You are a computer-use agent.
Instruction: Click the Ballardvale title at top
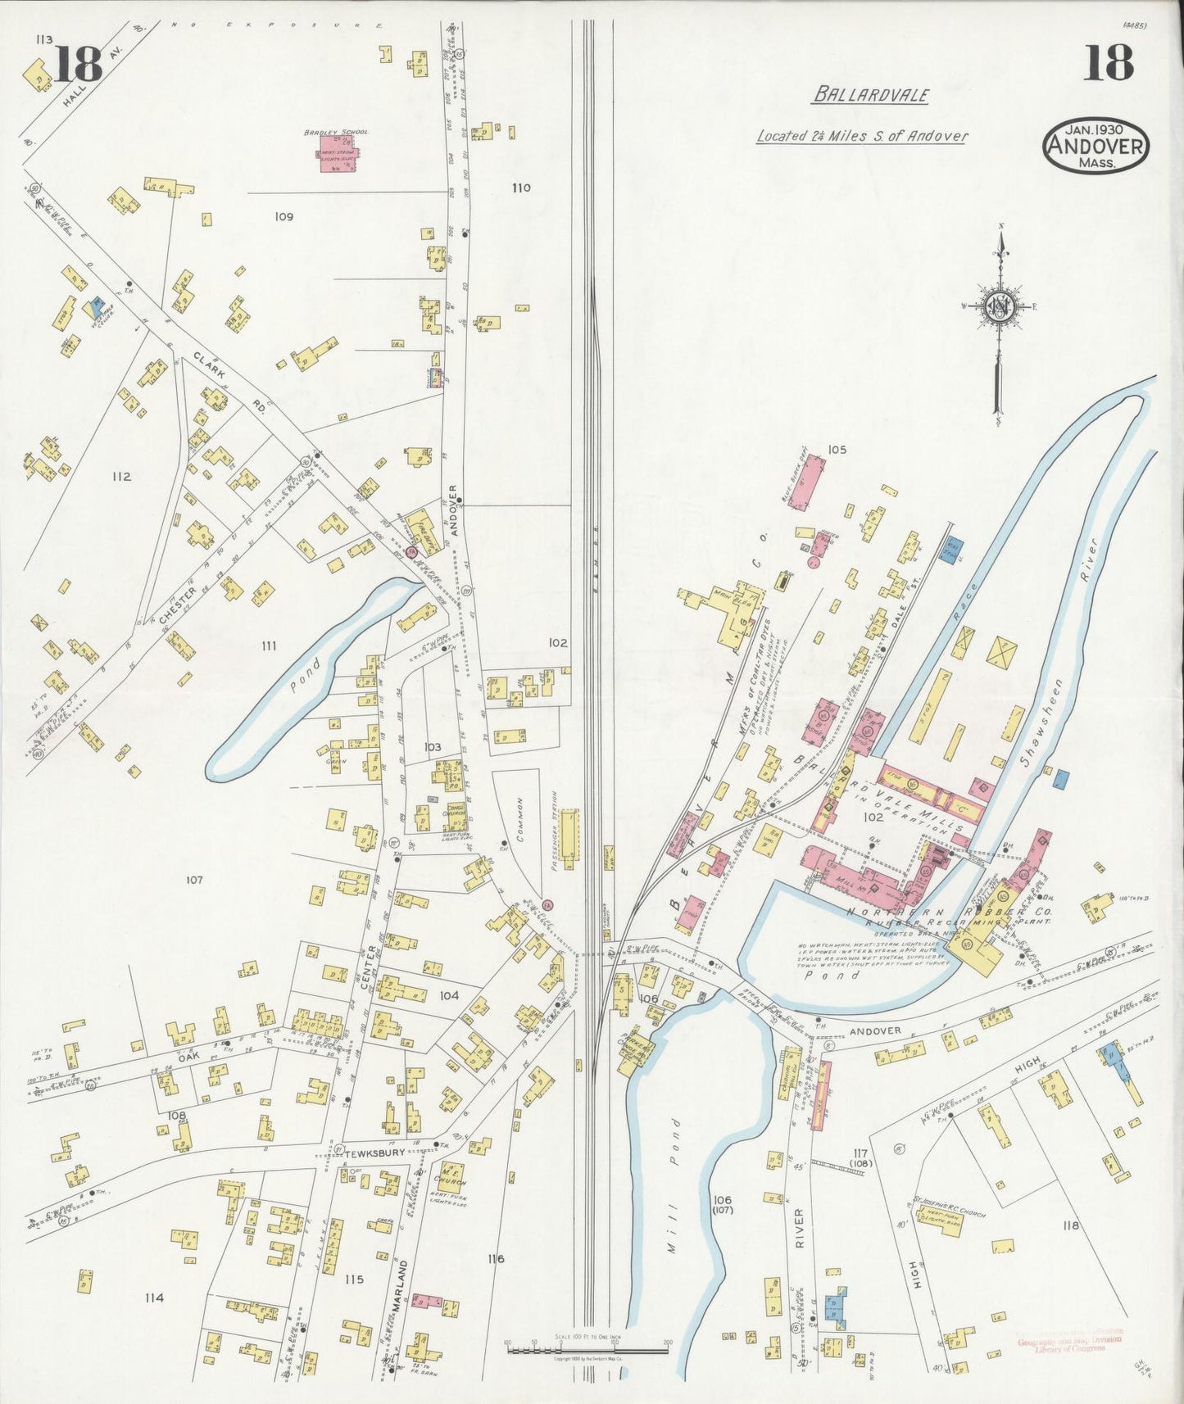click(870, 95)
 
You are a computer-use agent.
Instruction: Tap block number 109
click(284, 217)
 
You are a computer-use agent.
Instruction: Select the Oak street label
click(170, 1056)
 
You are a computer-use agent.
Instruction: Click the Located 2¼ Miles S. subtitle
click(861, 136)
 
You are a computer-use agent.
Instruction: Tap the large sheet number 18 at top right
click(1108, 63)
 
